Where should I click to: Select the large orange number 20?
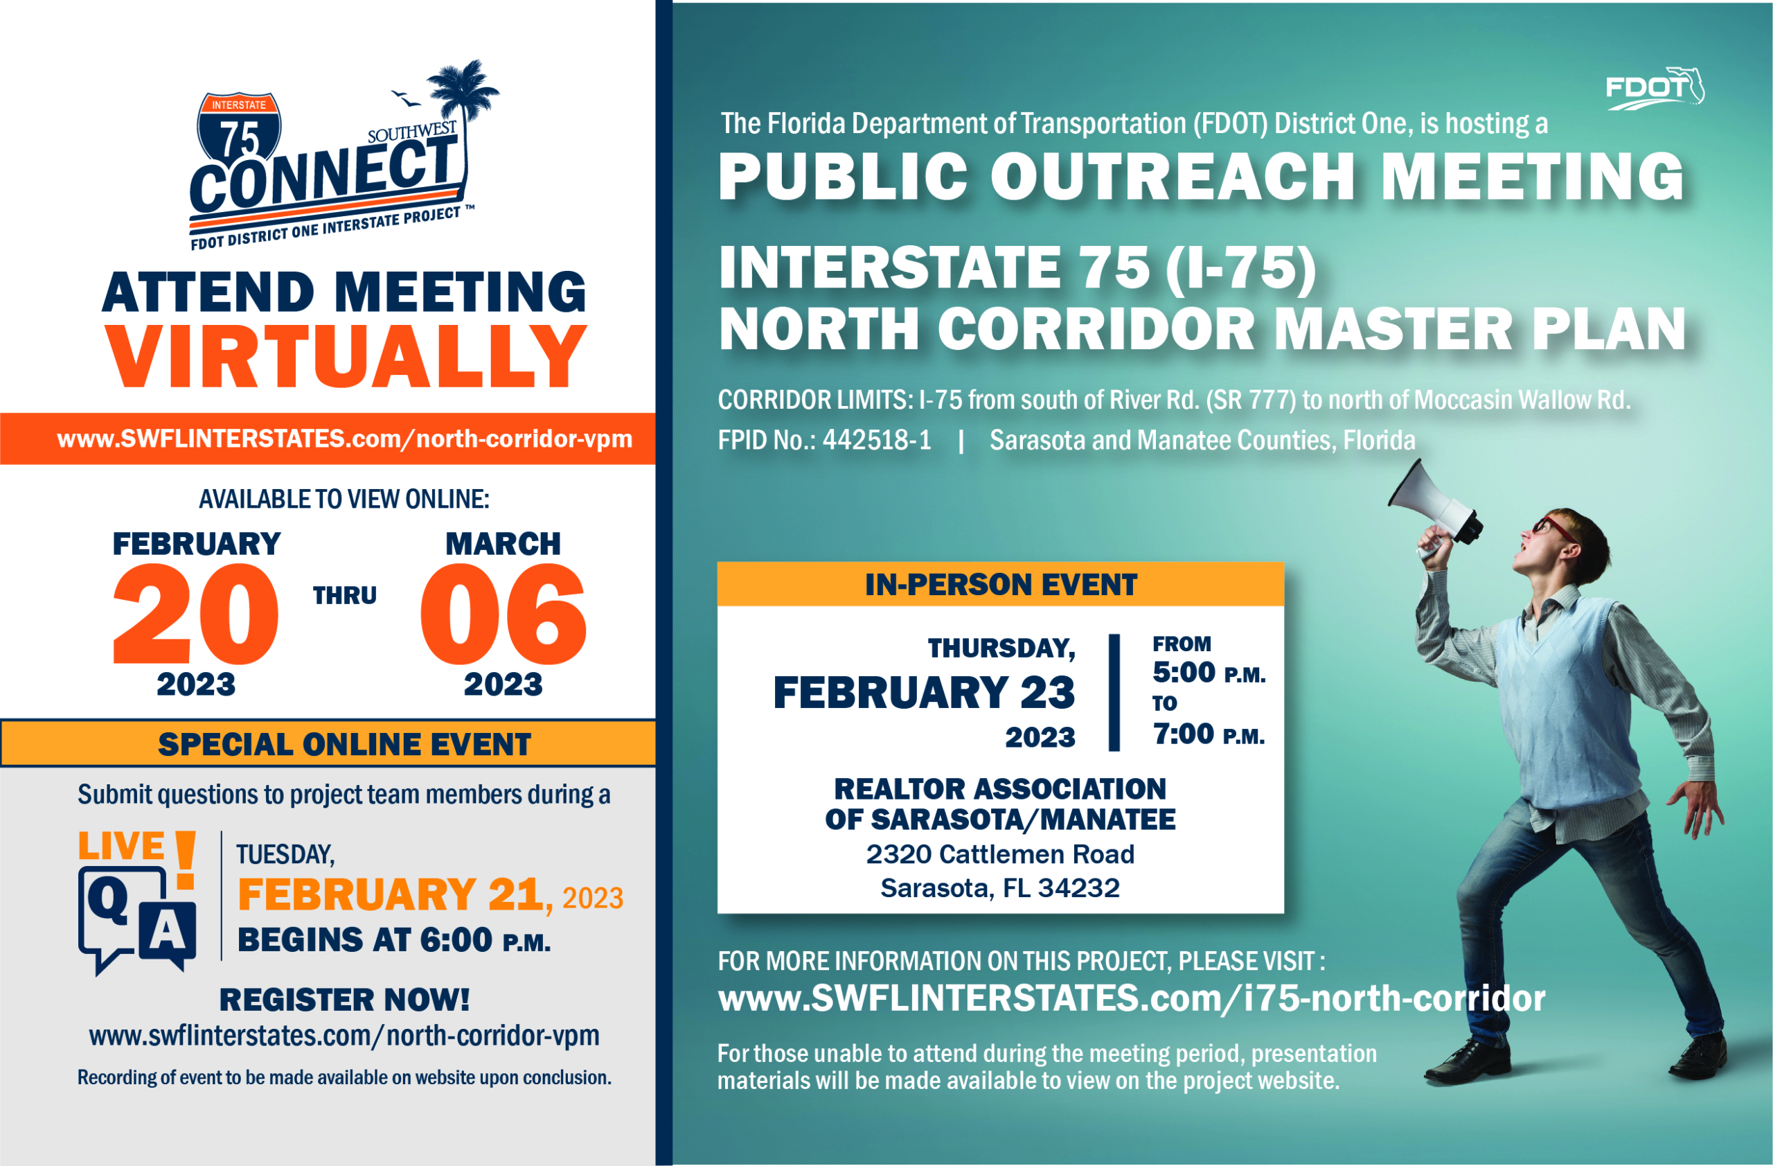[x=196, y=614]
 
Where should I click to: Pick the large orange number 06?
[x=504, y=614]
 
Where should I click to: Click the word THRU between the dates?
[x=345, y=596]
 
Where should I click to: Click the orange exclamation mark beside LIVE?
[x=186, y=859]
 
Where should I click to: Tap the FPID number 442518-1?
[x=877, y=441]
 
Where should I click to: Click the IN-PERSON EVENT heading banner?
[x=1001, y=584]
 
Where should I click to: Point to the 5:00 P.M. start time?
[x=1209, y=673]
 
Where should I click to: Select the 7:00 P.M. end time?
[x=1209, y=734]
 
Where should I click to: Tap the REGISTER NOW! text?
[x=345, y=1000]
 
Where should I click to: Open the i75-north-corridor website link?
[x=1131, y=998]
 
